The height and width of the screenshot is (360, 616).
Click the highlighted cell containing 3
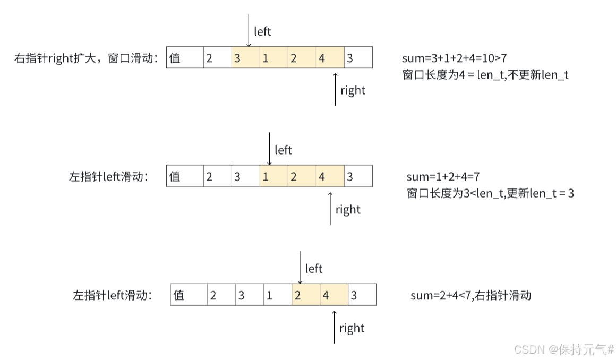point(246,58)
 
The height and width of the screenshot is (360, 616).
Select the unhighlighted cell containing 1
point(278,295)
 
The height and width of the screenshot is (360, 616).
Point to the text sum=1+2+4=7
point(443,177)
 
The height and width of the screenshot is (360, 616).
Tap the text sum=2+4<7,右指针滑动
point(471,295)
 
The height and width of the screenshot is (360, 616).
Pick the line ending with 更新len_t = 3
point(490,193)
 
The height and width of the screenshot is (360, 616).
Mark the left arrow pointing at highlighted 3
point(249,29)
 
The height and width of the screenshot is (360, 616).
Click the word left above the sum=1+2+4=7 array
point(283,150)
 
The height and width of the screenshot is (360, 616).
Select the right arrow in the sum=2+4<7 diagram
point(335,327)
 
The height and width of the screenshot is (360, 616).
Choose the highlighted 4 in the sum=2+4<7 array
point(334,295)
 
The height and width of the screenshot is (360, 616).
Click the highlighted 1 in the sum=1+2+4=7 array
point(274,177)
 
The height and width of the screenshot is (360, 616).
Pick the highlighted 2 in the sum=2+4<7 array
point(306,295)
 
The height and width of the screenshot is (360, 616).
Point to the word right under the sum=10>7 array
point(353,90)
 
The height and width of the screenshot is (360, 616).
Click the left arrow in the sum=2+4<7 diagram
point(300,268)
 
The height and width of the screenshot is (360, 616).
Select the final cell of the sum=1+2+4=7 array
point(358,177)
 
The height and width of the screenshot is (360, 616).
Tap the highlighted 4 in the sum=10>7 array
point(330,58)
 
